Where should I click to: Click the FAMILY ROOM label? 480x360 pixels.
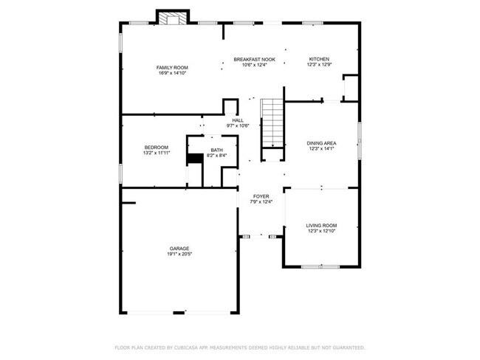coord(171,67)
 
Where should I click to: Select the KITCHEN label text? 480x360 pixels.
coord(319,59)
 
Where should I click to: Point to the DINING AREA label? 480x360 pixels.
coord(322,142)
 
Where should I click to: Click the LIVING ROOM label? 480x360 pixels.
coord(321,225)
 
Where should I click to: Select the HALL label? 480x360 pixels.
coord(238,120)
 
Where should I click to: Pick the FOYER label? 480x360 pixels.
coord(261,196)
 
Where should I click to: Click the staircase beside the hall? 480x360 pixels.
coord(272,122)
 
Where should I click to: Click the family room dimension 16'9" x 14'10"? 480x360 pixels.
coord(171,73)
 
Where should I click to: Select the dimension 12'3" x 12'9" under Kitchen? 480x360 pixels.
coord(319,65)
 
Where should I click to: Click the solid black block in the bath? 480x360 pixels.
coord(195,158)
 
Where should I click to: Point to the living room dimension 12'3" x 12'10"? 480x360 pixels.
coord(321,231)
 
